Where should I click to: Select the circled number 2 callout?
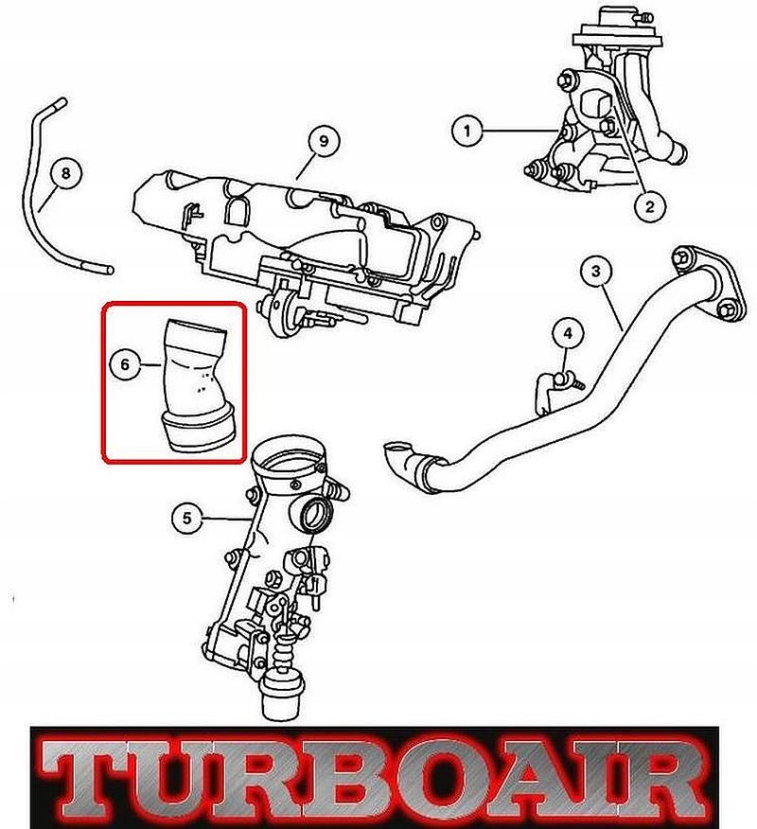[650, 203]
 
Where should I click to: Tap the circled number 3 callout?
[596, 272]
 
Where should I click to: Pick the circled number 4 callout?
[568, 334]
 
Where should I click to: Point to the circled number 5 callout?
[187, 518]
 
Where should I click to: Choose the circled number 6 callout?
[125, 364]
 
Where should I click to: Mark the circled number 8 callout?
[65, 172]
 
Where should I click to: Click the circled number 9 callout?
[324, 141]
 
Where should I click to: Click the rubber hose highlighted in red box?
[197, 386]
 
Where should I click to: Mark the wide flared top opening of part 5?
[290, 458]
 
